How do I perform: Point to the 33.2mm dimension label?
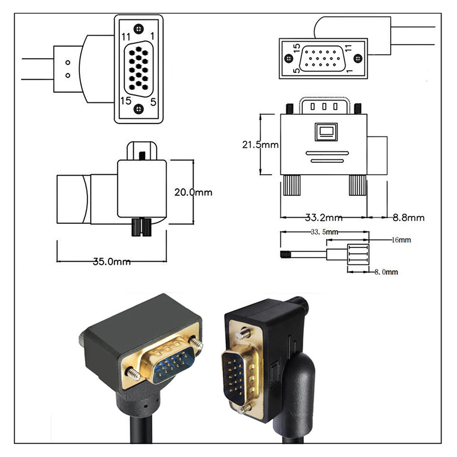323,218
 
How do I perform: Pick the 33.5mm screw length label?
324,232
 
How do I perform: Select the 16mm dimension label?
401,240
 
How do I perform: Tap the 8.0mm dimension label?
386,272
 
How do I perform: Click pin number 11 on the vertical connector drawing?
126,37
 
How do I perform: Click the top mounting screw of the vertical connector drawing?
139,28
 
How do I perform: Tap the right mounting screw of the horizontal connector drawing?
358,58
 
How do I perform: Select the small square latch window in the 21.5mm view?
327,133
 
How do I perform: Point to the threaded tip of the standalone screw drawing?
284,254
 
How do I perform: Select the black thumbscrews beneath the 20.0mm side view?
141,226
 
